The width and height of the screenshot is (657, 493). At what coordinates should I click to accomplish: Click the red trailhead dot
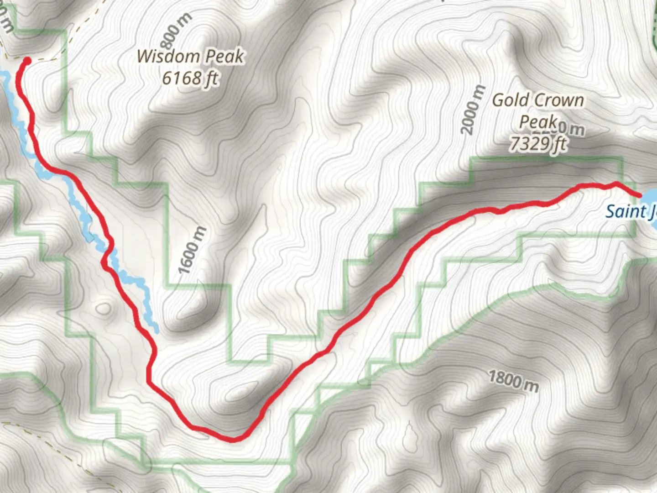pos(27,61)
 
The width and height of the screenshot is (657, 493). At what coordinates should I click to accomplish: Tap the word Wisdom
pos(169,57)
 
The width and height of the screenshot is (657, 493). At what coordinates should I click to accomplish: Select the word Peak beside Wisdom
pos(224,57)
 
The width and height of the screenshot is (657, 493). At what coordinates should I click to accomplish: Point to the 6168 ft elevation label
pos(190,79)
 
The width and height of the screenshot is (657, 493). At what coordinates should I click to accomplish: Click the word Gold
pos(511,100)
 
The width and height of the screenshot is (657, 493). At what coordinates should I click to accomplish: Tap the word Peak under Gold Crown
pos(538,122)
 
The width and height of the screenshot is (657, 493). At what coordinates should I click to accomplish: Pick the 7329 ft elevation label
pos(538,144)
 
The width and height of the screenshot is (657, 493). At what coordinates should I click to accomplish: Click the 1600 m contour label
pos(192,251)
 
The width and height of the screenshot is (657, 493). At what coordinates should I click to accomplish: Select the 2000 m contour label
pos(473,110)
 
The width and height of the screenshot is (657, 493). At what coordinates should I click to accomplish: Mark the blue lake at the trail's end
pos(650,201)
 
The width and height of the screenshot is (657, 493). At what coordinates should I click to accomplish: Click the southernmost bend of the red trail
pos(233,440)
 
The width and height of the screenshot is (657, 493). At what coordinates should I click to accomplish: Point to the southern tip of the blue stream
pos(156,330)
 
